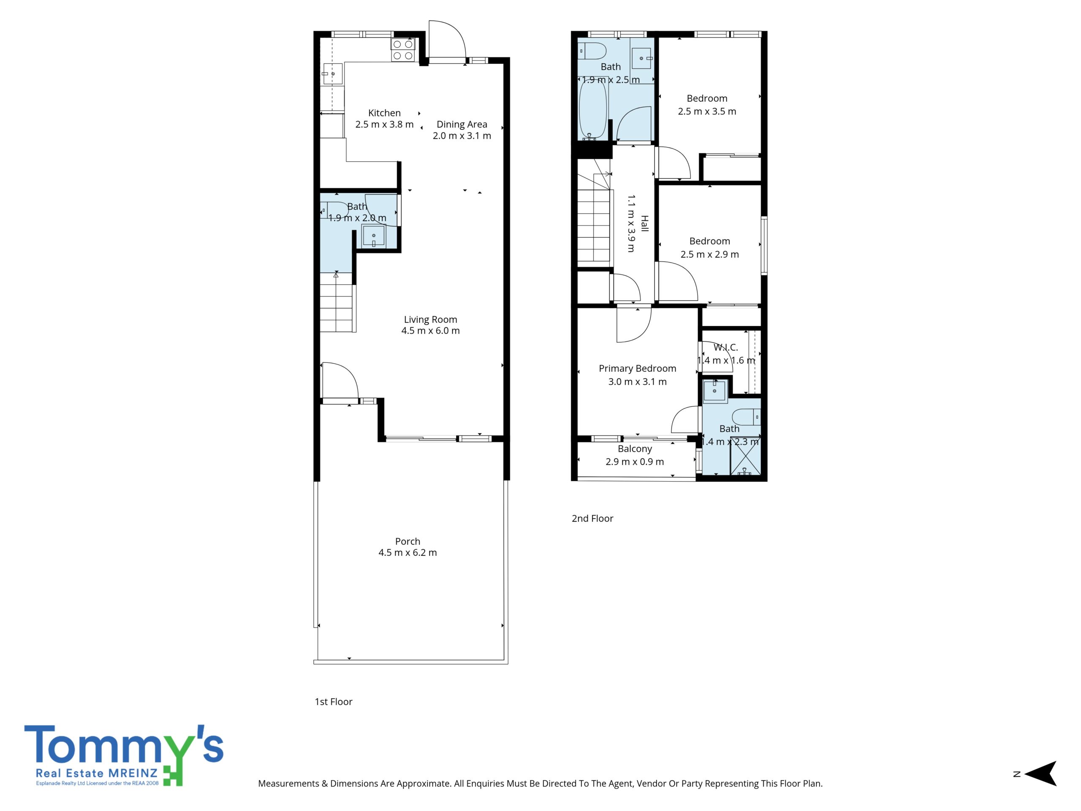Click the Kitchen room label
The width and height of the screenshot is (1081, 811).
[x=384, y=113]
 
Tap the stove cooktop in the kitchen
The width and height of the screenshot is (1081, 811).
[x=403, y=50]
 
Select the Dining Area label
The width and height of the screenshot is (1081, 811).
[x=462, y=124]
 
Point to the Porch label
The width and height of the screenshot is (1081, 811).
[x=407, y=541]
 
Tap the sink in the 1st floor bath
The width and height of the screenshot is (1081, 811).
[x=374, y=236]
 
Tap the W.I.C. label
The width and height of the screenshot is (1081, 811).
[x=726, y=348]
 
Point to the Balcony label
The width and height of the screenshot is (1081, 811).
[x=635, y=449]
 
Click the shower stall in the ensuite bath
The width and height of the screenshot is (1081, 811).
[x=745, y=456]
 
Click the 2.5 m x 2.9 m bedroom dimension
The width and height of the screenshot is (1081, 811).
[x=709, y=254]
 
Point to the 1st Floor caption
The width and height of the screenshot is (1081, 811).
[x=333, y=702]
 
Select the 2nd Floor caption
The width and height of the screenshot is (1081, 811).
[x=592, y=519]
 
